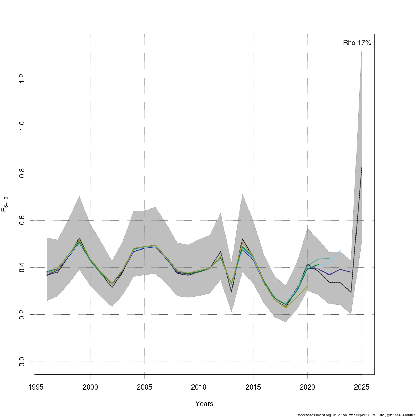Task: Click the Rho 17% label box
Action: click(352, 43)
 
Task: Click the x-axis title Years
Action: click(204, 404)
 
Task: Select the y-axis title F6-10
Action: click(5, 204)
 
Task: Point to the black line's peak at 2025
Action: click(362, 167)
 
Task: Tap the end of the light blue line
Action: click(340, 251)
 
